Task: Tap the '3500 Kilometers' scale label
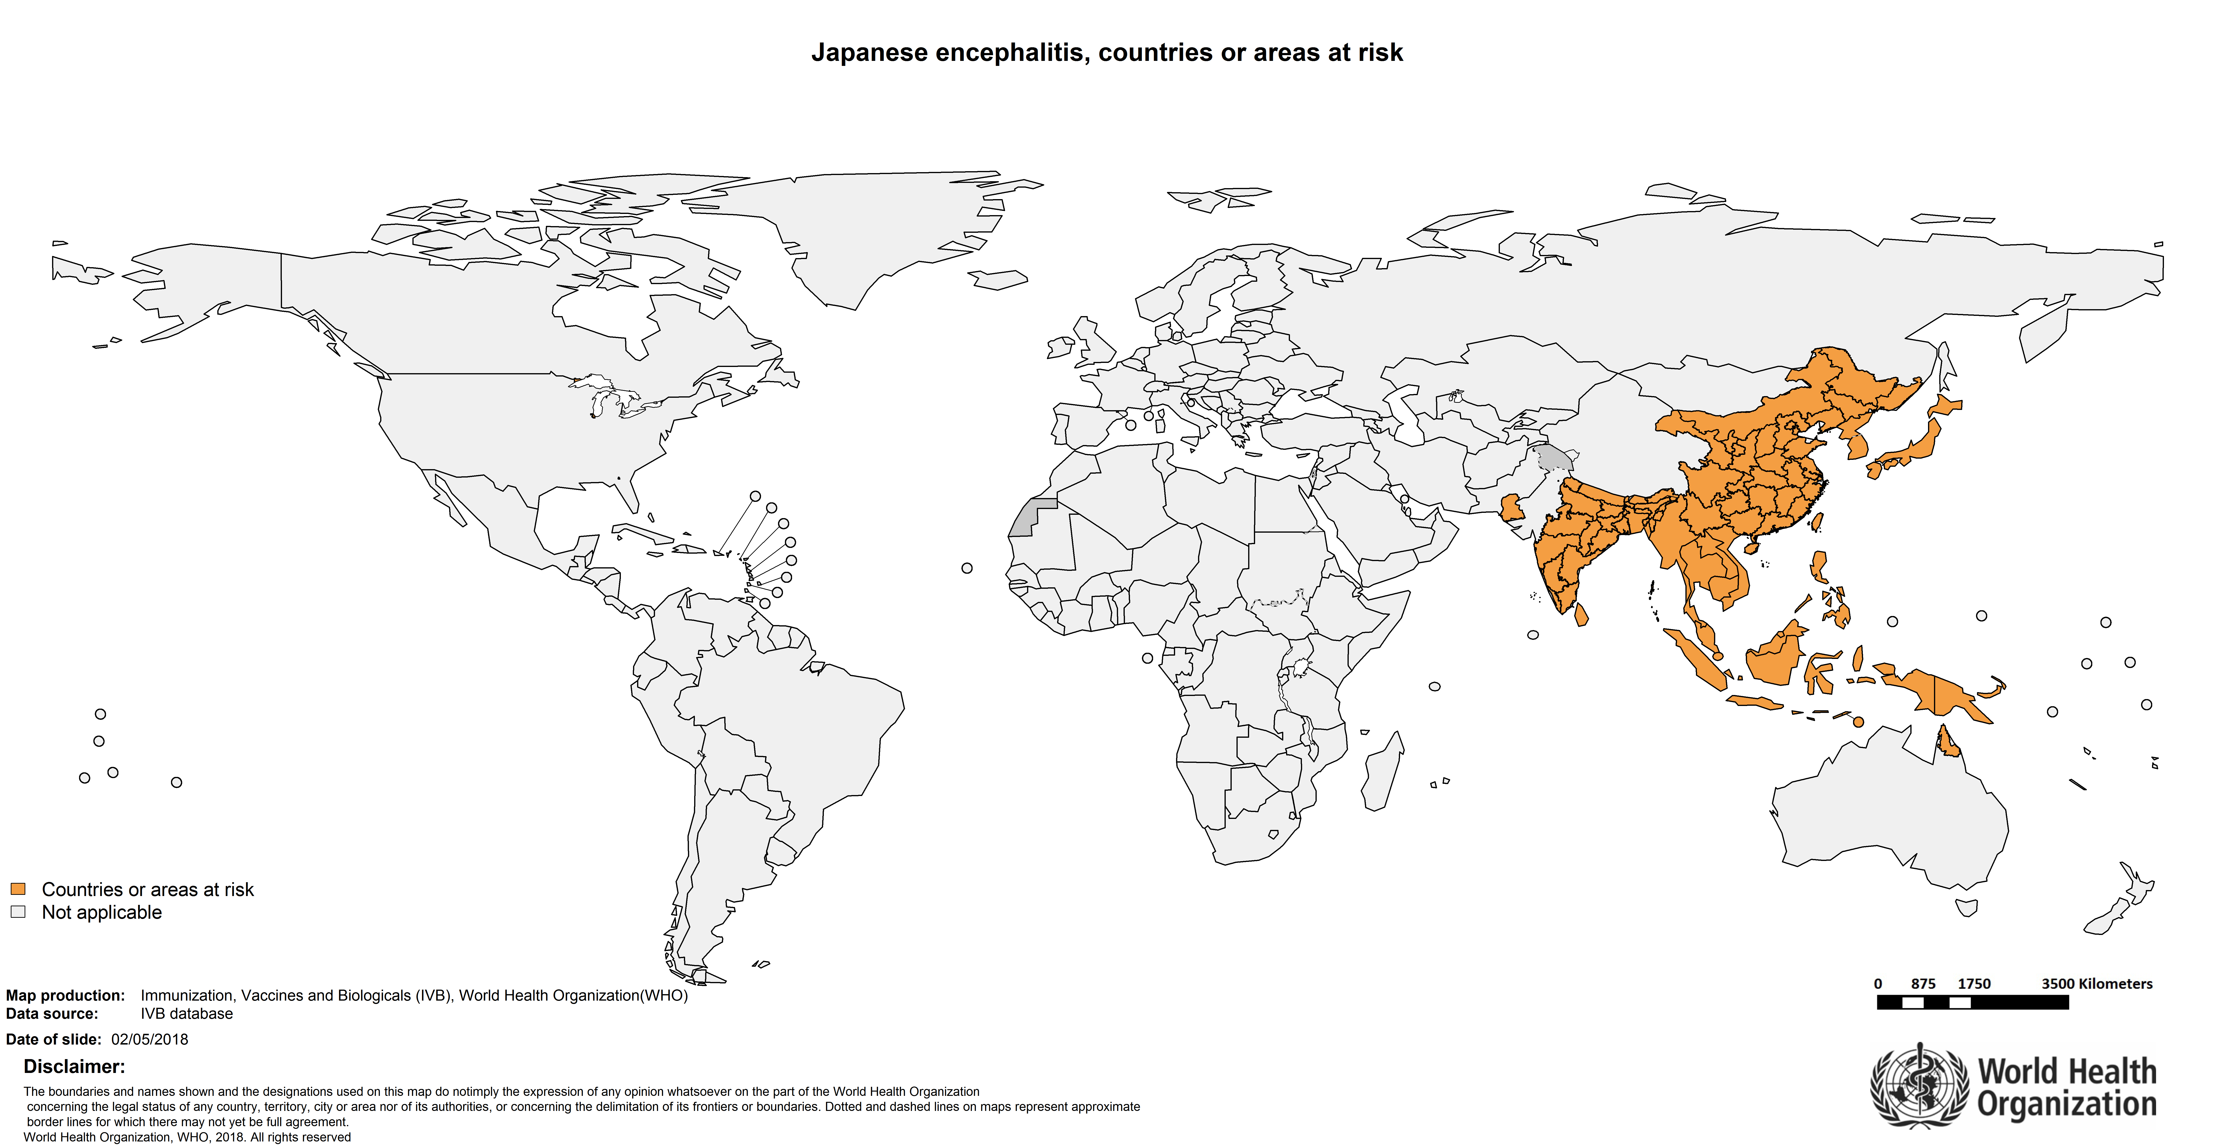point(2096,983)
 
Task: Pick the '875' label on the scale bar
point(1923,983)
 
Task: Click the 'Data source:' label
point(52,1013)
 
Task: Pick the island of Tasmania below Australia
point(1966,907)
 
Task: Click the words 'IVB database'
point(187,1013)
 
